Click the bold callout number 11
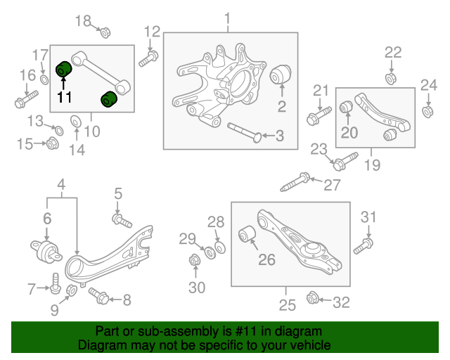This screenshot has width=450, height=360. click(x=65, y=97)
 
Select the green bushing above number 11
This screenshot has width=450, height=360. click(x=64, y=70)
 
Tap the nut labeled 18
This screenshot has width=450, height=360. click(x=104, y=32)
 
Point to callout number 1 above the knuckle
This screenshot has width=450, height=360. click(x=227, y=17)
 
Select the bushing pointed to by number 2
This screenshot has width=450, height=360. click(x=281, y=72)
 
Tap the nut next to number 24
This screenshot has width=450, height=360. click(x=427, y=111)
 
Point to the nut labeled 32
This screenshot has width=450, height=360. click(x=313, y=299)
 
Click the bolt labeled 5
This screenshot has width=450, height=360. click(x=122, y=221)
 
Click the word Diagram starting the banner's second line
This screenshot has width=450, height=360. click(x=99, y=346)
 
